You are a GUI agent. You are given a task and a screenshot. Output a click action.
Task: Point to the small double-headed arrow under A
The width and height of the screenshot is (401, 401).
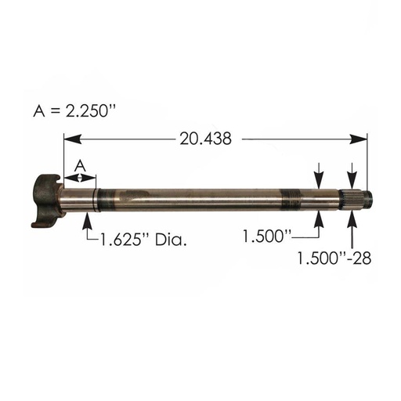click(79, 179)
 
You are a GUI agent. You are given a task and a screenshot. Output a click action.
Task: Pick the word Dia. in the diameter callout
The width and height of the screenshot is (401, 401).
click(171, 240)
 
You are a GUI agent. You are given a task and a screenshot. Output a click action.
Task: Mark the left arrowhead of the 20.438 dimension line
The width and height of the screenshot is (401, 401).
click(69, 139)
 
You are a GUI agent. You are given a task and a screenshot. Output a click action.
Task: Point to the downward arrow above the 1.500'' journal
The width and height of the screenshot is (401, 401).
click(320, 176)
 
